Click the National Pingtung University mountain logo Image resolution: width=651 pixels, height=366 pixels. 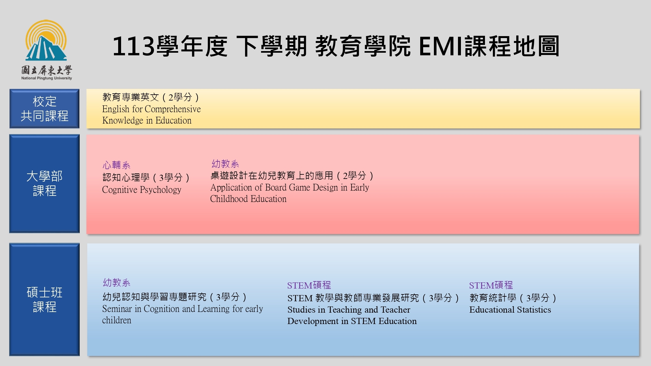(x=46, y=40)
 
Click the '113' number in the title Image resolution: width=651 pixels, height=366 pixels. (x=133, y=46)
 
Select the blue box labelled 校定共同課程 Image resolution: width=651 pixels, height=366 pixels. (x=44, y=109)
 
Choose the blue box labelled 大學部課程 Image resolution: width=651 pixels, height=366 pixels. (x=44, y=183)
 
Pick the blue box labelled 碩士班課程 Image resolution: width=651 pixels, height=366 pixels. (x=44, y=299)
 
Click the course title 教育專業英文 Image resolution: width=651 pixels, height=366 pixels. (x=131, y=97)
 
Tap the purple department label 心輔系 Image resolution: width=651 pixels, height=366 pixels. (x=116, y=165)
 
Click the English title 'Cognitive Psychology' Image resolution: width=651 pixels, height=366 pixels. (x=142, y=190)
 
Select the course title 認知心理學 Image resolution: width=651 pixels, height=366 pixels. (x=126, y=177)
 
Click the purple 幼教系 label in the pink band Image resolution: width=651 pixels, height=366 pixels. (x=225, y=164)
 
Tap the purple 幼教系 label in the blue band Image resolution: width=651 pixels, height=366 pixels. (x=117, y=282)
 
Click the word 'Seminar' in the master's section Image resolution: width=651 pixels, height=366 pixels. (x=117, y=309)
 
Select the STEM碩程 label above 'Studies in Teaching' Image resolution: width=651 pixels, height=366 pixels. (x=309, y=285)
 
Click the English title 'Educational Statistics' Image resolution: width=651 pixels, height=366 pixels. (x=510, y=310)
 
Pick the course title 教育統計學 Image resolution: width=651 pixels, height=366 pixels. (x=493, y=298)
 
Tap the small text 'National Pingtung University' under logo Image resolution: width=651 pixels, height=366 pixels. (x=47, y=78)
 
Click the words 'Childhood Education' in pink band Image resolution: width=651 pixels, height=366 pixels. (x=248, y=199)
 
